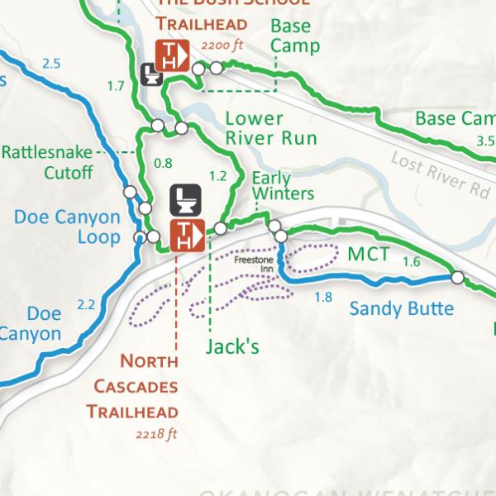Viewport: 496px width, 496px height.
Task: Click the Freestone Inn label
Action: pos(253,264)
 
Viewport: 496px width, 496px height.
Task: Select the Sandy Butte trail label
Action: pos(401,309)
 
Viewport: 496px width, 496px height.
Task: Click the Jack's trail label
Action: pos(232,346)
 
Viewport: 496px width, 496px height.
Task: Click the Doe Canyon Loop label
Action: pos(67,227)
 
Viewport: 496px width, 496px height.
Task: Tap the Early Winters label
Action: pos(283,186)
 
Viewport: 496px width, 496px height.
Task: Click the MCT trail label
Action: pos(368,254)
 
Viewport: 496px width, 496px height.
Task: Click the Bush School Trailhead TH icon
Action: pos(174,55)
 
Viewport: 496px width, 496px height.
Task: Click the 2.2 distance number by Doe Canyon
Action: pos(86,305)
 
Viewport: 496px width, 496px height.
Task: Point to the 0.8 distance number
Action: pos(164,163)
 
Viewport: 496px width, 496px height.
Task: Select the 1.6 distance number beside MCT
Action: pos(411,262)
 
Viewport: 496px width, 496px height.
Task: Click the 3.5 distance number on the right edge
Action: pos(485,141)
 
